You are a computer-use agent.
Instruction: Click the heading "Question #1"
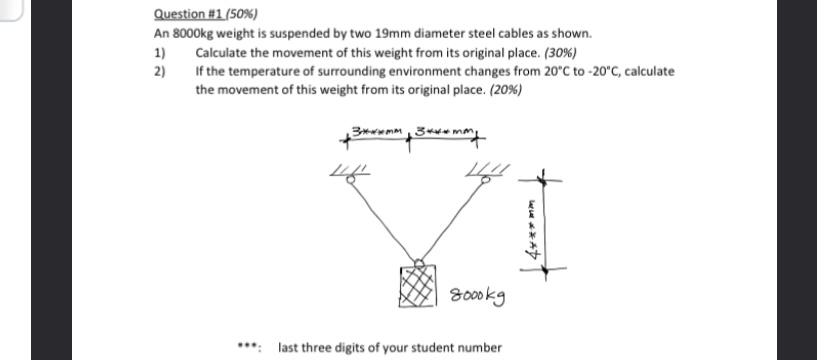(x=185, y=15)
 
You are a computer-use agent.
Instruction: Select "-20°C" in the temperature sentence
(x=590, y=72)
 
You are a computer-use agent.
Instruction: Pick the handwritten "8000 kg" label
(x=478, y=296)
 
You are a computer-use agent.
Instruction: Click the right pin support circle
(x=487, y=181)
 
